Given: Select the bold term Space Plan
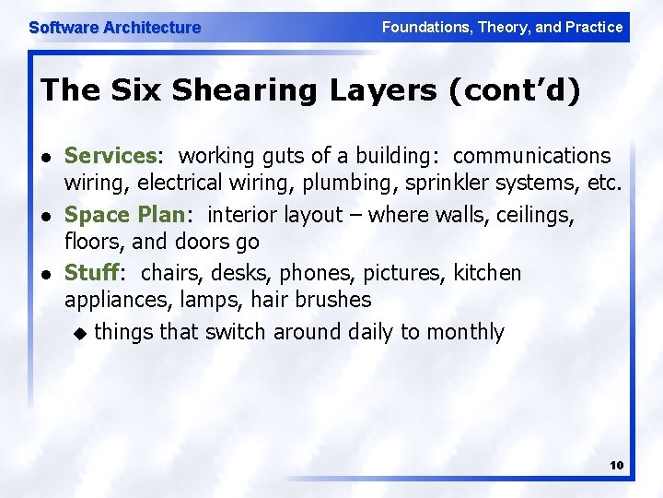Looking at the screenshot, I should click(124, 215).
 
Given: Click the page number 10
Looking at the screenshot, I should click(616, 466).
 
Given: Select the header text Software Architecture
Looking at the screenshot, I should click(114, 28).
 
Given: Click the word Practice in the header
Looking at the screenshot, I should click(593, 27).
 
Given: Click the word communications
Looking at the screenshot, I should click(531, 156).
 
